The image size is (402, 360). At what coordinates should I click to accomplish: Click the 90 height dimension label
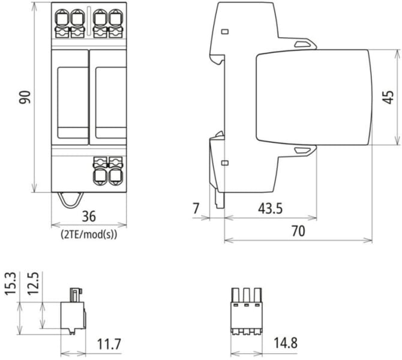pyautogui.click(x=25, y=97)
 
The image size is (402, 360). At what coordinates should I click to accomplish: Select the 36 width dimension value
pyautogui.click(x=89, y=216)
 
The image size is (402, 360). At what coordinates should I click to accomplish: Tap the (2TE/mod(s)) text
pyautogui.click(x=89, y=235)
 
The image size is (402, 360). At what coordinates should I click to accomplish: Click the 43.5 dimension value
pyautogui.click(x=270, y=208)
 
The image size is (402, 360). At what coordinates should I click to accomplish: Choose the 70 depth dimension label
pyautogui.click(x=298, y=231)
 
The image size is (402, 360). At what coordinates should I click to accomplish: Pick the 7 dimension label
pyautogui.click(x=196, y=208)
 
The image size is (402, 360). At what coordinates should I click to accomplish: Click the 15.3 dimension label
pyautogui.click(x=11, y=284)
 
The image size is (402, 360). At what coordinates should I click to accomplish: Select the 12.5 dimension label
pyautogui.click(x=33, y=284)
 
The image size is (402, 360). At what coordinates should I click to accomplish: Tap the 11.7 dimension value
pyautogui.click(x=109, y=344)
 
